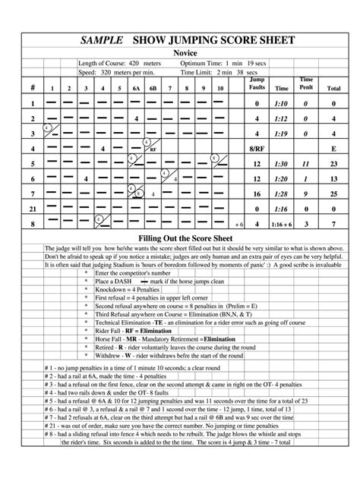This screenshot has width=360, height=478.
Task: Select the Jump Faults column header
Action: pyautogui.click(x=257, y=83)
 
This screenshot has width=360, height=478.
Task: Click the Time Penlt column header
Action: pyautogui.click(x=306, y=83)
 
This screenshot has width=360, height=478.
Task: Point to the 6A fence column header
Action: pyautogui.click(x=135, y=89)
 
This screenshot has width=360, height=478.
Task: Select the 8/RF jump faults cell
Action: pyautogui.click(x=257, y=149)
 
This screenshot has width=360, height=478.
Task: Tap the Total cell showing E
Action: pyautogui.click(x=333, y=149)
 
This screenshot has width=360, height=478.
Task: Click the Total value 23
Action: pyautogui.click(x=333, y=164)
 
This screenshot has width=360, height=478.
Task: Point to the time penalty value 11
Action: pyautogui.click(x=306, y=164)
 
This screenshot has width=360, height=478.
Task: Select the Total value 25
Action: pyautogui.click(x=333, y=193)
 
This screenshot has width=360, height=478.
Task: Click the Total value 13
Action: pyautogui.click(x=333, y=179)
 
